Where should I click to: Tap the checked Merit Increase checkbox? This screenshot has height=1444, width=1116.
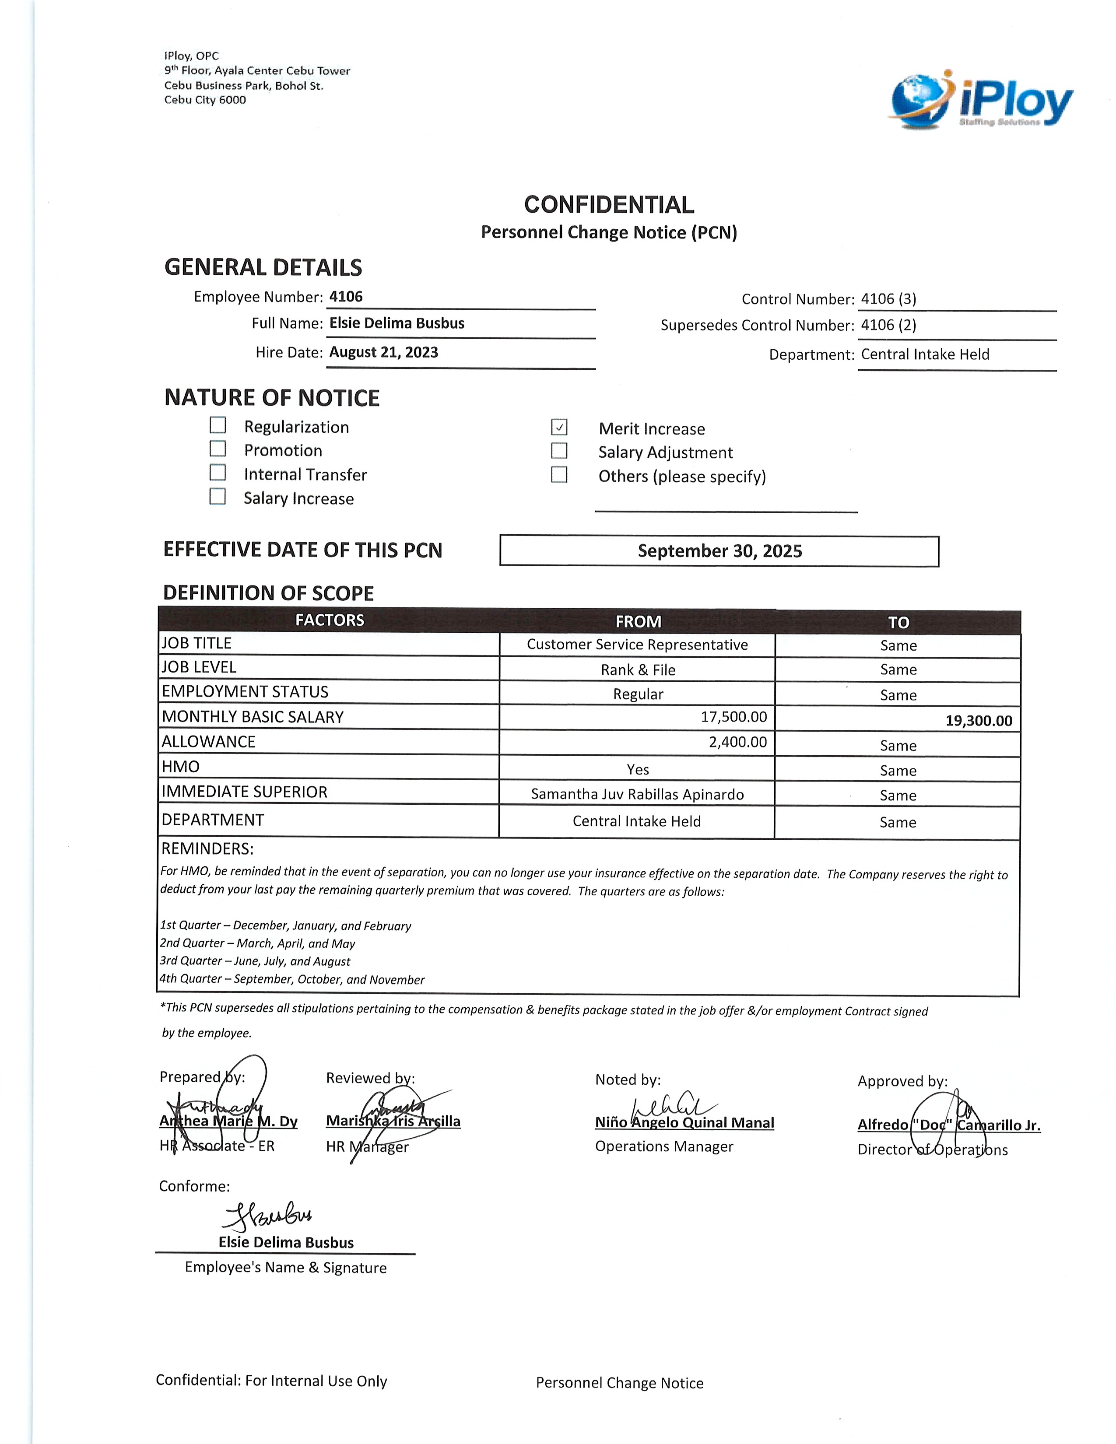click(x=559, y=427)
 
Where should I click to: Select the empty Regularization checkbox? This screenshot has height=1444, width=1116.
click(x=218, y=424)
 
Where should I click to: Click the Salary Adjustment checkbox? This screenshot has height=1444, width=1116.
click(x=559, y=450)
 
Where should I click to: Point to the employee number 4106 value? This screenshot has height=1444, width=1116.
click(x=346, y=296)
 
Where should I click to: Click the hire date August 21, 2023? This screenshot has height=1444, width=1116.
click(x=383, y=352)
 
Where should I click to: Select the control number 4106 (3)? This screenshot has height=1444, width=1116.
click(x=888, y=299)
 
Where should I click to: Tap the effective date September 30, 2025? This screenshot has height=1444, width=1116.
click(x=719, y=551)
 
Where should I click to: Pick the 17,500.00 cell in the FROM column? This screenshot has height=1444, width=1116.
click(x=734, y=717)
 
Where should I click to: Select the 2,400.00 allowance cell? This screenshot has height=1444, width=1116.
click(x=738, y=742)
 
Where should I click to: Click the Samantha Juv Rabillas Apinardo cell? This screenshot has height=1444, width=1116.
click(x=637, y=794)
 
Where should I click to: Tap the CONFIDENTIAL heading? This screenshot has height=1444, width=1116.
click(x=609, y=205)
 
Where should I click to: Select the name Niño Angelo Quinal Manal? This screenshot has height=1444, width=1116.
click(x=684, y=1123)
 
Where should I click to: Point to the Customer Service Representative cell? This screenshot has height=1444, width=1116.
click(x=637, y=645)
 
